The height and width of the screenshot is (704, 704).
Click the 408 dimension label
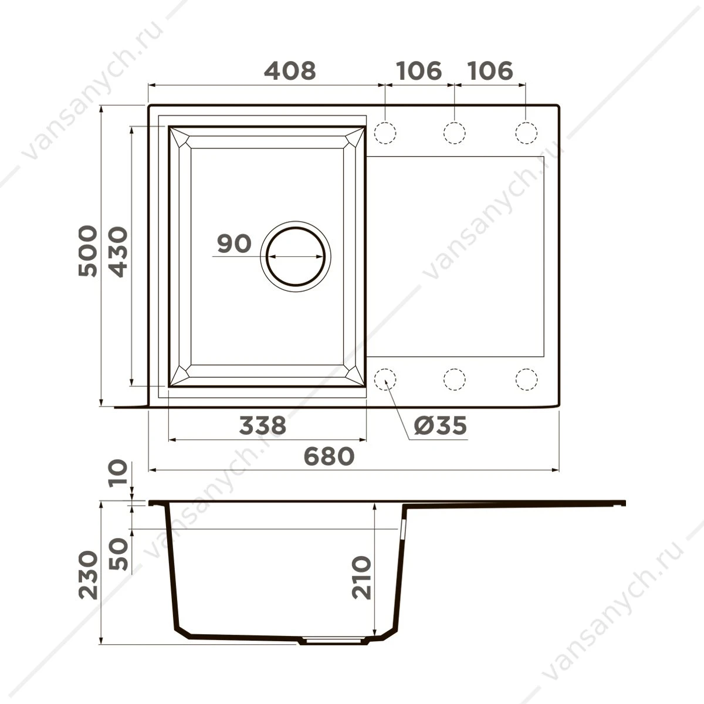click(290, 71)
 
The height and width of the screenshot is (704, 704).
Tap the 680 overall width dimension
click(329, 456)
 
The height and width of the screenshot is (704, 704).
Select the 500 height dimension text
click(88, 251)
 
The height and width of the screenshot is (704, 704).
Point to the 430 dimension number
click(119, 252)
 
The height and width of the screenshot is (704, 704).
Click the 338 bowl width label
click(263, 425)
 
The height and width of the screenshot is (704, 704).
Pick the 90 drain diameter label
click(234, 243)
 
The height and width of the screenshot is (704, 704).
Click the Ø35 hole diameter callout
click(441, 425)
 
